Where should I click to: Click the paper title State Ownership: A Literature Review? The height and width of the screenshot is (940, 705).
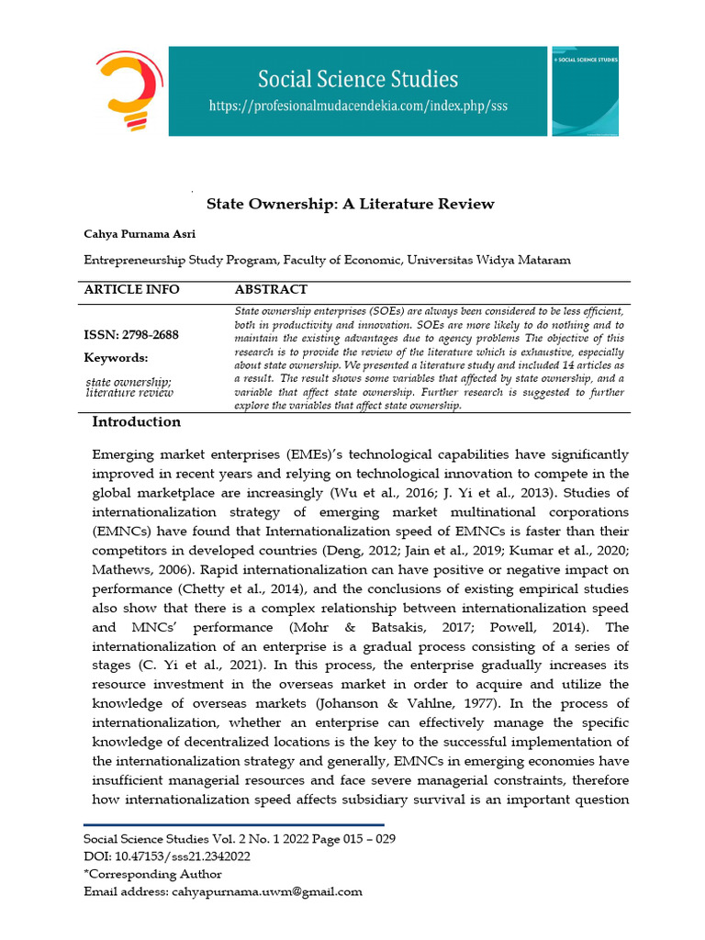[x=350, y=204]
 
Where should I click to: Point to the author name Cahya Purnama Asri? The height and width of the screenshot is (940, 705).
[x=140, y=234]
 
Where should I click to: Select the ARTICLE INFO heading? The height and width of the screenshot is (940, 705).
[x=131, y=289]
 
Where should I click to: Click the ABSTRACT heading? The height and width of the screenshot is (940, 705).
[x=271, y=289]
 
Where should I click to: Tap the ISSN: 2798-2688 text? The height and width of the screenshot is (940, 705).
[x=131, y=335]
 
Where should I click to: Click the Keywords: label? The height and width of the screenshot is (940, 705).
[x=116, y=358]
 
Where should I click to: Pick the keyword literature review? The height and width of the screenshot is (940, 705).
[x=129, y=393]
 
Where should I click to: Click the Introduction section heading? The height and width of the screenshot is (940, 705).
[x=137, y=422]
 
